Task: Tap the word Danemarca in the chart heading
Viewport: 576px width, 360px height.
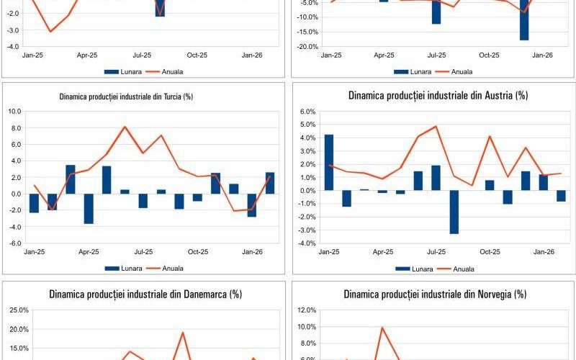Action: pyautogui.click(x=204, y=294)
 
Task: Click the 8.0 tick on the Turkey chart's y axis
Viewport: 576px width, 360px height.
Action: pyautogui.click(x=14, y=128)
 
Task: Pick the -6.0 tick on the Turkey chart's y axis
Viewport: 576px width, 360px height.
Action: pyautogui.click(x=14, y=243)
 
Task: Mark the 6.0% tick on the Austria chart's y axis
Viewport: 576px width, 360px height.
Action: pyautogui.click(x=307, y=112)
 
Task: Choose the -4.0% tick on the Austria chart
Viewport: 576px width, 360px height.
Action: pyautogui.click(x=306, y=243)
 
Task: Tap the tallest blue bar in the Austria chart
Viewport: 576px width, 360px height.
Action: pyautogui.click(x=329, y=162)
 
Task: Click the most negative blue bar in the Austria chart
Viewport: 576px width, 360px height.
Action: pyautogui.click(x=454, y=212)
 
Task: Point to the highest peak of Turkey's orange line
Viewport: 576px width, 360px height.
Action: pyautogui.click(x=125, y=127)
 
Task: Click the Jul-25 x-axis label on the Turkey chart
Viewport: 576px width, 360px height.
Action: pyautogui.click(x=143, y=252)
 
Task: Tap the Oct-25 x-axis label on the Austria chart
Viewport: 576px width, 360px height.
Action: pyautogui.click(x=490, y=252)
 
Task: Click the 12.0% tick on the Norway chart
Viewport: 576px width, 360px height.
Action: pyautogui.click(x=306, y=310)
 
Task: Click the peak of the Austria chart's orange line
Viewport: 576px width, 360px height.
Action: pyautogui.click(x=436, y=126)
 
